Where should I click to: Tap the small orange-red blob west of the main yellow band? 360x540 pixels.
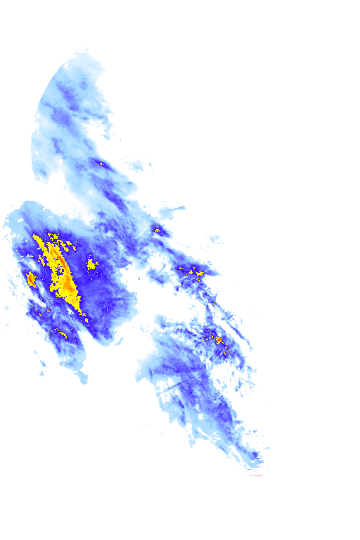(x=31, y=278)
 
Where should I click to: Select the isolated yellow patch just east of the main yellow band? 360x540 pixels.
(x=91, y=264)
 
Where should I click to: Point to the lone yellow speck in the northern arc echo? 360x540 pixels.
(x=102, y=164)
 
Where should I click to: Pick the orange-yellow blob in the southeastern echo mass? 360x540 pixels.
(x=219, y=340)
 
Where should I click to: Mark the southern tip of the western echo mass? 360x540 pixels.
(x=85, y=380)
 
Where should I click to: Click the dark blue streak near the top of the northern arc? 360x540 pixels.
(x=70, y=91)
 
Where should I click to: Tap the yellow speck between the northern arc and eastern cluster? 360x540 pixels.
(x=157, y=230)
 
